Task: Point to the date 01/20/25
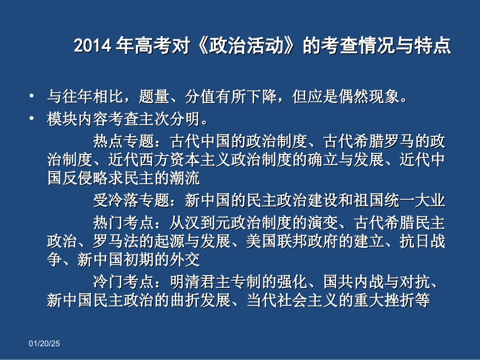(44, 344)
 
